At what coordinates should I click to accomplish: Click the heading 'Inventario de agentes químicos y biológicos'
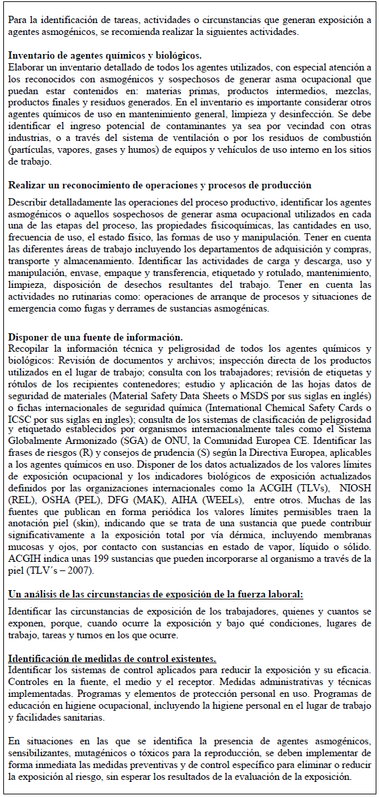pyautogui.click(x=105, y=56)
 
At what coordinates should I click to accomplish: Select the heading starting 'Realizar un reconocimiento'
pyautogui.click(x=160, y=185)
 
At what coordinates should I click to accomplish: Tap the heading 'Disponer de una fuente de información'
pyautogui.click(x=95, y=337)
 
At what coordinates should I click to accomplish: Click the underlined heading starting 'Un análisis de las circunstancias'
pyautogui.click(x=155, y=593)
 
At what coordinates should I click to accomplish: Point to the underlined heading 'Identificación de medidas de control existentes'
pyautogui.click(x=113, y=659)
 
